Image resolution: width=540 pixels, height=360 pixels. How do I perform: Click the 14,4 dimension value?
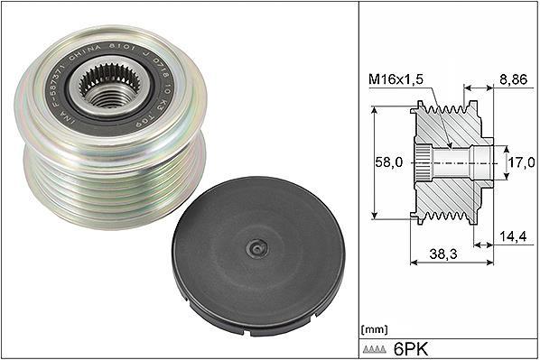click(514, 237)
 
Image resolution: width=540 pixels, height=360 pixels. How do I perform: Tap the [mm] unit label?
click(373, 328)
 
